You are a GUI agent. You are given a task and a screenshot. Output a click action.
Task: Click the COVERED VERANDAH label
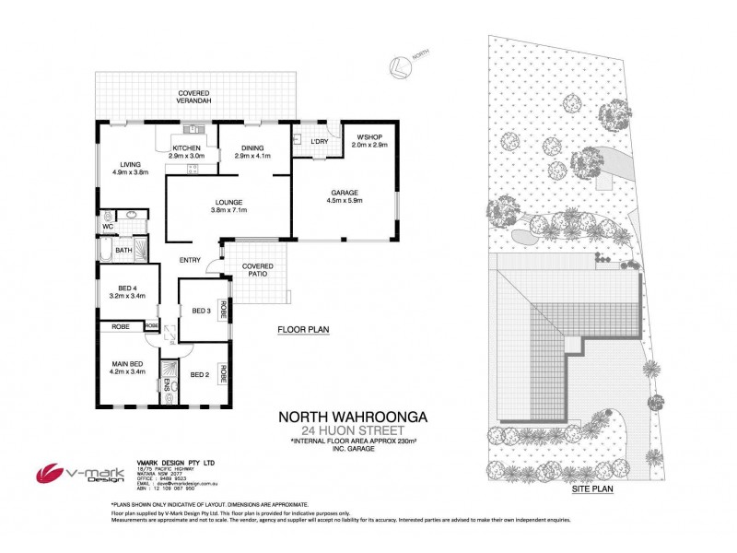tap(195, 97)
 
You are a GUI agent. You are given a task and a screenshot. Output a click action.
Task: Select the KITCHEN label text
tap(187, 148)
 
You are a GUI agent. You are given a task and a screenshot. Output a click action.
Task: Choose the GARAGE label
tap(345, 194)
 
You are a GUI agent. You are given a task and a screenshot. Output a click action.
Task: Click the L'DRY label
tap(320, 140)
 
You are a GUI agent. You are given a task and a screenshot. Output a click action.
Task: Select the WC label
tap(108, 225)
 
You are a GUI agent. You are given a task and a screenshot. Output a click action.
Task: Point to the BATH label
tap(124, 250)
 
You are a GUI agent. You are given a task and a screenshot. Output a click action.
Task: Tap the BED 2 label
tap(201, 374)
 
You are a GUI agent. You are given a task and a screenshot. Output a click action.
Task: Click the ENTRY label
tap(191, 259)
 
